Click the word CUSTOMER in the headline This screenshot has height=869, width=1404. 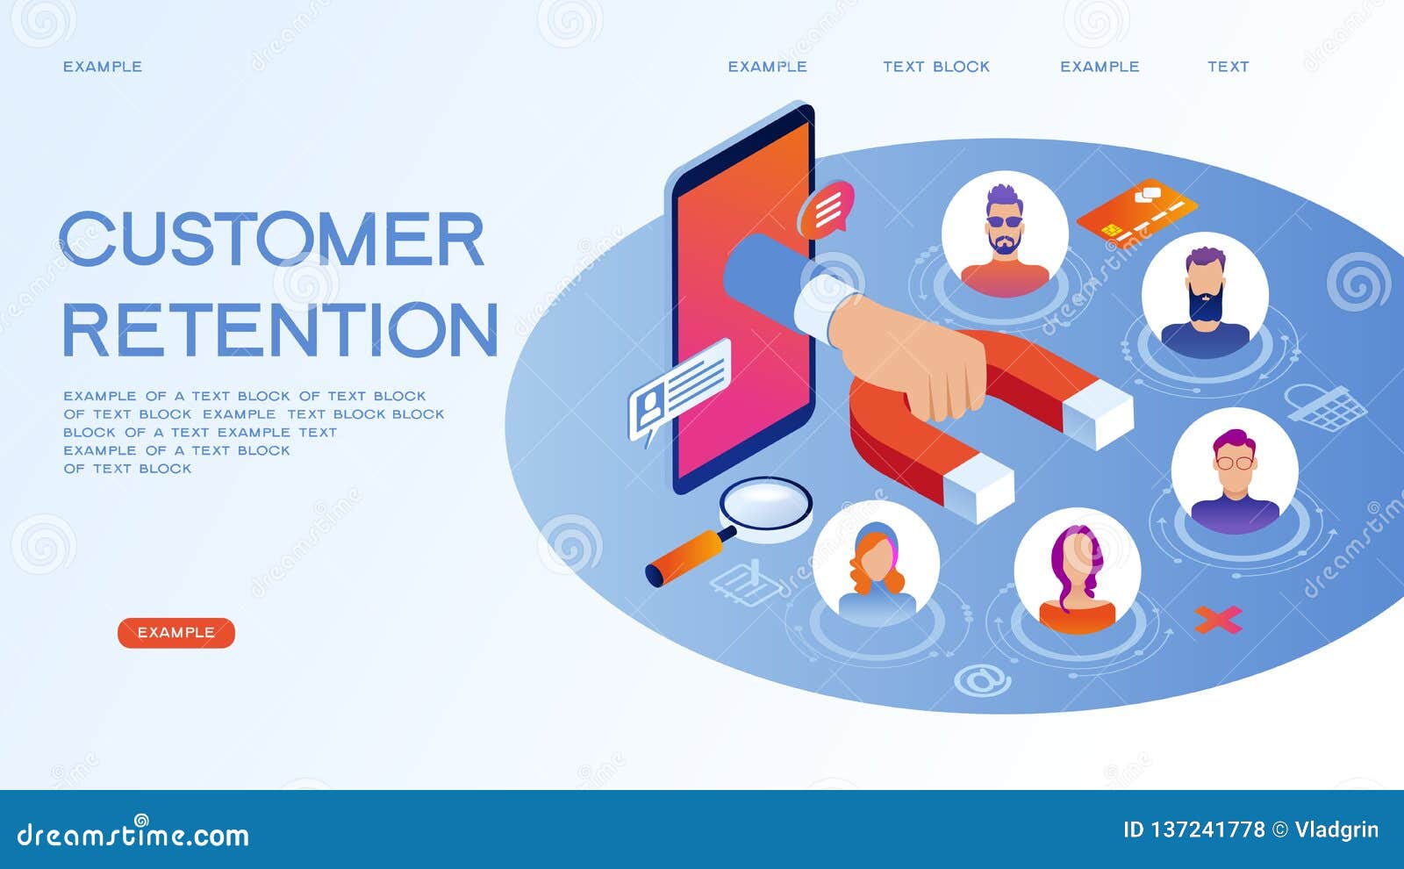tap(272, 239)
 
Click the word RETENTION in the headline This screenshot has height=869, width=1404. tap(280, 330)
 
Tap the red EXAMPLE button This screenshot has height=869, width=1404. tap(176, 633)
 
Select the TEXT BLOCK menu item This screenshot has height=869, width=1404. tap(936, 67)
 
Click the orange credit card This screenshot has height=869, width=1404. tap(1136, 211)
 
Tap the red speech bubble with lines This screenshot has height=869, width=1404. tap(827, 208)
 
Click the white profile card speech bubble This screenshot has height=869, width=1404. tap(679, 389)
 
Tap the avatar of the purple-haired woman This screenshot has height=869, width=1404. tap(1078, 571)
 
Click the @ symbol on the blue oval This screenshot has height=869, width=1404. tap(982, 679)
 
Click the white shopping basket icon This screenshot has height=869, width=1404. tap(1328, 406)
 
